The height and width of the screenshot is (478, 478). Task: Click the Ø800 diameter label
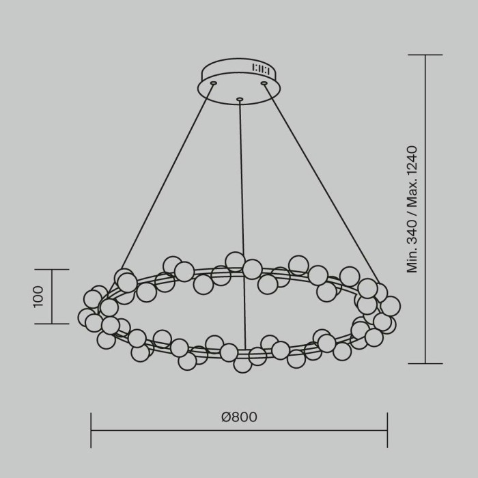pyautogui.click(x=239, y=417)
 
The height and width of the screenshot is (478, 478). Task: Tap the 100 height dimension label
pyautogui.click(x=38, y=296)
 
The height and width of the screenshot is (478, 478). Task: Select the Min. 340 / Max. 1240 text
pyautogui.click(x=412, y=209)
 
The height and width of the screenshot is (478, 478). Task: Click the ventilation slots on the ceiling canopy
pyautogui.click(x=260, y=69)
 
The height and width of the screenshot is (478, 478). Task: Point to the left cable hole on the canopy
pyautogui.click(x=214, y=83)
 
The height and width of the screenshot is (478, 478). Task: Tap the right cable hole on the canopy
pyautogui.click(x=264, y=83)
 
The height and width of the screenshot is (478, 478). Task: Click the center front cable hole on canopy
pyautogui.click(x=240, y=99)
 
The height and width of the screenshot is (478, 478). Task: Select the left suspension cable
pyautogui.click(x=167, y=177)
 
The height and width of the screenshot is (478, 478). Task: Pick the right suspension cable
pyautogui.click(x=322, y=184)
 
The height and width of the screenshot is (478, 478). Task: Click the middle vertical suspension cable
pyautogui.click(x=242, y=225)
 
